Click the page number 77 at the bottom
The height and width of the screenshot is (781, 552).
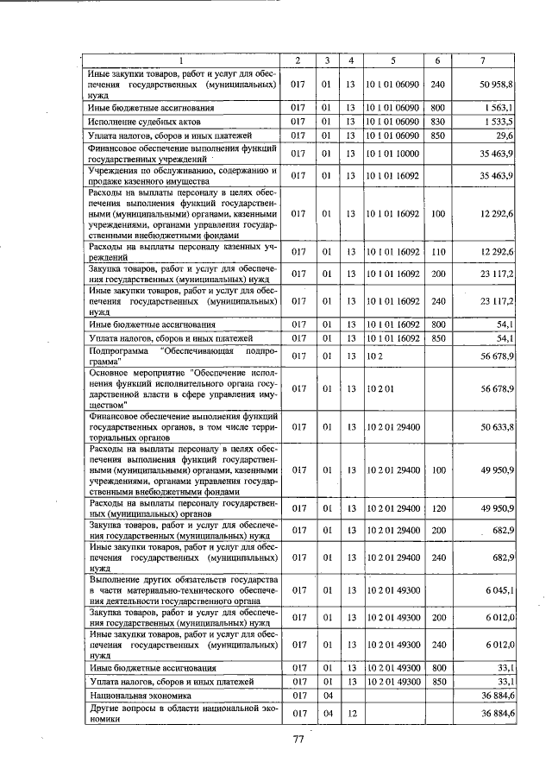point(299,739)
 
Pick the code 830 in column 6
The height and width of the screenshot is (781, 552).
point(437,122)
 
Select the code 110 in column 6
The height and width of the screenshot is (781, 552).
point(437,251)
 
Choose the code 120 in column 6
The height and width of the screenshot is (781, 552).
point(437,507)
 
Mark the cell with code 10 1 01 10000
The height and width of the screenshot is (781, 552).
point(392,154)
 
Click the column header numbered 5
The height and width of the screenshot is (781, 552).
point(392,60)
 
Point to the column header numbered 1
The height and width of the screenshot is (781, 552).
point(182,60)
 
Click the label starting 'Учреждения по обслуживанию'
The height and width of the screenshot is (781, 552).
point(182,176)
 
